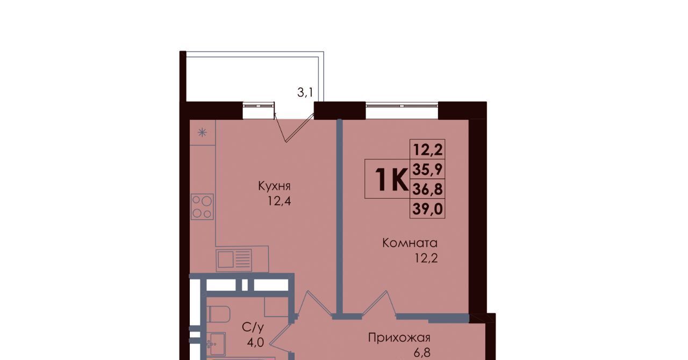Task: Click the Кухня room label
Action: [x=274, y=186]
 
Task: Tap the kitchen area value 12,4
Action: [x=279, y=201]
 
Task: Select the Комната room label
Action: [x=410, y=243]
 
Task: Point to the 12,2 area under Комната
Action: [x=426, y=258]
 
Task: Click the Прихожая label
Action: [x=399, y=338]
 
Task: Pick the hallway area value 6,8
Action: [x=422, y=352]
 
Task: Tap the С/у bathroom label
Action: [x=253, y=327]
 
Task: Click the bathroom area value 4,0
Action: [x=255, y=342]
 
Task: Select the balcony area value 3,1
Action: [x=305, y=92]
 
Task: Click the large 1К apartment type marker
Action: [x=391, y=179]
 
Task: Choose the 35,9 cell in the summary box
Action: [x=427, y=169]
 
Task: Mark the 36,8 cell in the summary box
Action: [x=427, y=189]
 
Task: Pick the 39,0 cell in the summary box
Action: [x=427, y=209]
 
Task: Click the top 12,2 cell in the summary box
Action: [x=427, y=149]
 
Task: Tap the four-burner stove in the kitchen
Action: [x=202, y=207]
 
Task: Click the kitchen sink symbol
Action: [x=234, y=259]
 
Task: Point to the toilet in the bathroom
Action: [x=218, y=314]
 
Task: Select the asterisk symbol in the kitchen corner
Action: [x=202, y=133]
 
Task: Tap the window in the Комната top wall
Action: [x=402, y=106]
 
